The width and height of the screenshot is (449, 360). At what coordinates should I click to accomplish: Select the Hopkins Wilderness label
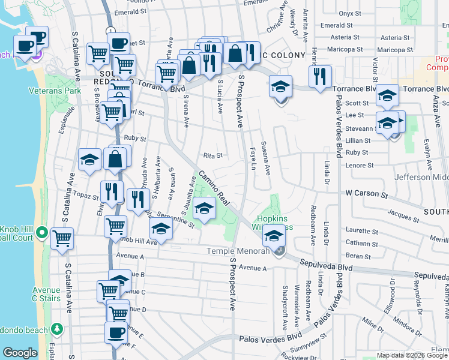point(276,223)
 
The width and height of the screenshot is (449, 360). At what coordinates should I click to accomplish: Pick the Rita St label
point(212,155)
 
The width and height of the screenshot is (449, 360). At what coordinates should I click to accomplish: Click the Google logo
point(20,353)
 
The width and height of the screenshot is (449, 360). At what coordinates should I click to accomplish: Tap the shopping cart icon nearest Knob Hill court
point(62,238)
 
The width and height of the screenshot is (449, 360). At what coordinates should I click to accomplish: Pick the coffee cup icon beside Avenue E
point(116,332)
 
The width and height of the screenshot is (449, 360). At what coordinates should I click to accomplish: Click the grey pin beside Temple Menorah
point(279,252)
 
